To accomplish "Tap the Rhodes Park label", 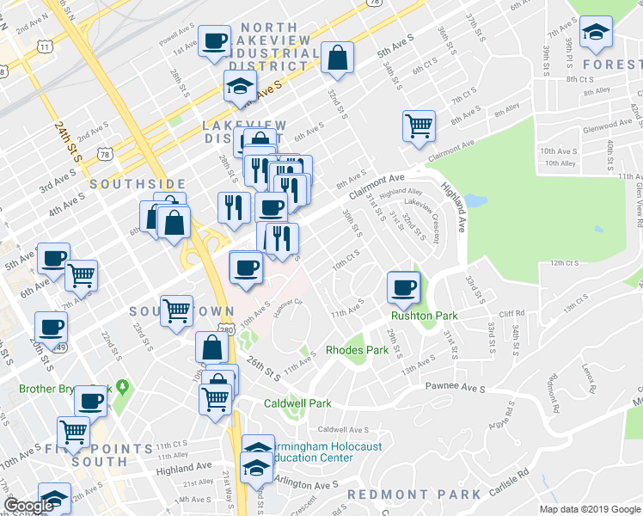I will click(x=357, y=350).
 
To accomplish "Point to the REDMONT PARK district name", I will click(x=413, y=494).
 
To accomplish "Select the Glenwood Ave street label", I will click(x=583, y=128).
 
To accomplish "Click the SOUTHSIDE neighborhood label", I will click(x=138, y=184).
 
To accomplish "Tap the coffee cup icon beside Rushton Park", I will click(x=402, y=288).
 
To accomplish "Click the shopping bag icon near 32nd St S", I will click(x=338, y=58).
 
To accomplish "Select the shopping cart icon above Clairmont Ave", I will click(x=419, y=126).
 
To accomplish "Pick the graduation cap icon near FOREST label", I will click(x=594, y=33).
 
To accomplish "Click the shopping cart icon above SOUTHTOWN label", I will click(x=177, y=309).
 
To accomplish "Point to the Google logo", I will click(x=28, y=506).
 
